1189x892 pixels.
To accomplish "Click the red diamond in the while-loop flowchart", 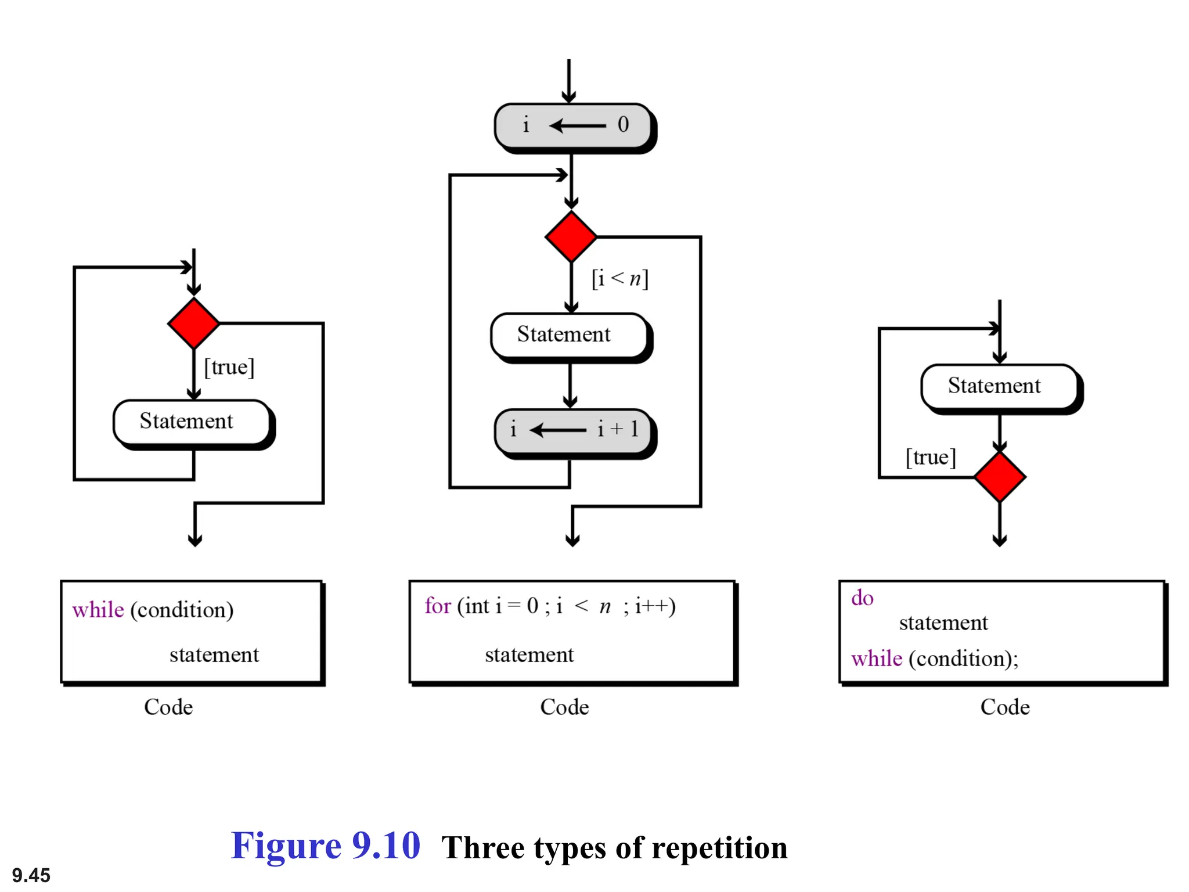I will tap(193, 323).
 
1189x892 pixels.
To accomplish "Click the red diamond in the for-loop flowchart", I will tap(571, 237).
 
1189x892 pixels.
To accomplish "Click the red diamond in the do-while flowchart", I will tap(999, 477).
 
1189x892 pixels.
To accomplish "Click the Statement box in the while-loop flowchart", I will tap(192, 422).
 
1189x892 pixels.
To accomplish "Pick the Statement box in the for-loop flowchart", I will tap(569, 335).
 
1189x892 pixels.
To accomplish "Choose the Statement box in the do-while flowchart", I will tap(999, 386).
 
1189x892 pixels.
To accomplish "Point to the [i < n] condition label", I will tap(619, 279).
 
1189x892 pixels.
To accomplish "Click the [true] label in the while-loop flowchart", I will tap(229, 367).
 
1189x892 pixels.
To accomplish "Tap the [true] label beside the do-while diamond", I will tap(931, 458).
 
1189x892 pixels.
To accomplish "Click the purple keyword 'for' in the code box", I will tap(437, 606).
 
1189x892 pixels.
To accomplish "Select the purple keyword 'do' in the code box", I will tap(862, 598).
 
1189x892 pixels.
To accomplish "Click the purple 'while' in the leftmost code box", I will tap(98, 610).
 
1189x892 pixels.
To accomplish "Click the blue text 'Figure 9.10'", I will tap(326, 846).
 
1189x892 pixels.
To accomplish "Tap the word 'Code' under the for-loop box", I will tap(564, 707).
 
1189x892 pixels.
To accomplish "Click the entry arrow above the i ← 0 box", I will tap(569, 81).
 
